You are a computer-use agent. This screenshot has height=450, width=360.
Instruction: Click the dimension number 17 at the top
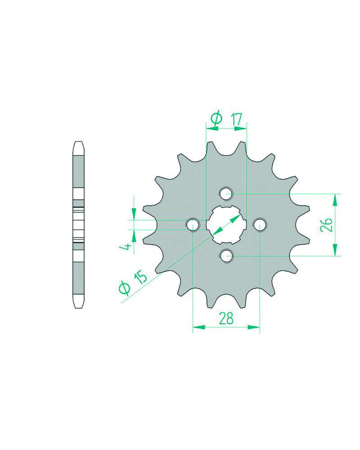point(236,119)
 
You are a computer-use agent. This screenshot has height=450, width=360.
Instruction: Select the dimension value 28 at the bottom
point(226,319)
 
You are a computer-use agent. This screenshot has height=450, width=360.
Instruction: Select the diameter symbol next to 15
point(125,289)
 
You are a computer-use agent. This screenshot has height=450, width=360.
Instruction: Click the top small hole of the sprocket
point(226,194)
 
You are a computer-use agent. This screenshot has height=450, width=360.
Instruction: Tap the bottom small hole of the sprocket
point(226,256)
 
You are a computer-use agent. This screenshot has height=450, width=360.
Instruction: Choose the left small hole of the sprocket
point(193,225)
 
